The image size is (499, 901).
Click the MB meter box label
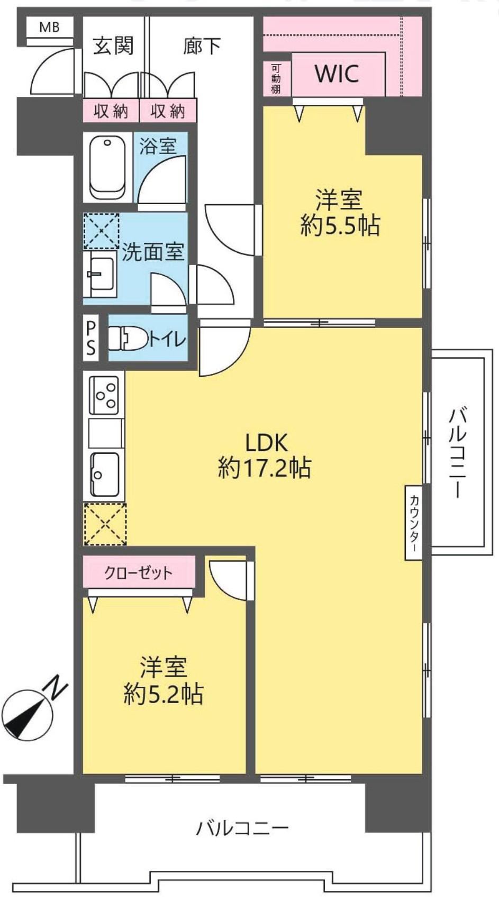(x=50, y=28)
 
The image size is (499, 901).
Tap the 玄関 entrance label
(x=113, y=45)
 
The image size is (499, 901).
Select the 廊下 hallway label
(x=202, y=45)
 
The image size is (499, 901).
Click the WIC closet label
(x=337, y=74)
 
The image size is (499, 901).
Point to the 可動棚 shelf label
(x=276, y=78)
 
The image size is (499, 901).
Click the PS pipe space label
(x=92, y=338)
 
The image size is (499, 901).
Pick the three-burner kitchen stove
(x=104, y=395)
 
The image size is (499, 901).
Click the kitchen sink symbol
(x=104, y=475)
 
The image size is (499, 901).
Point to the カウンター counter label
(x=414, y=523)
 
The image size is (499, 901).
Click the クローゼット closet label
(x=138, y=573)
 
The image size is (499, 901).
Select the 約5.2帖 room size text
(x=163, y=694)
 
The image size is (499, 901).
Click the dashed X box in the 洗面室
(x=101, y=231)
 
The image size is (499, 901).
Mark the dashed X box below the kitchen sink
(x=105, y=524)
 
